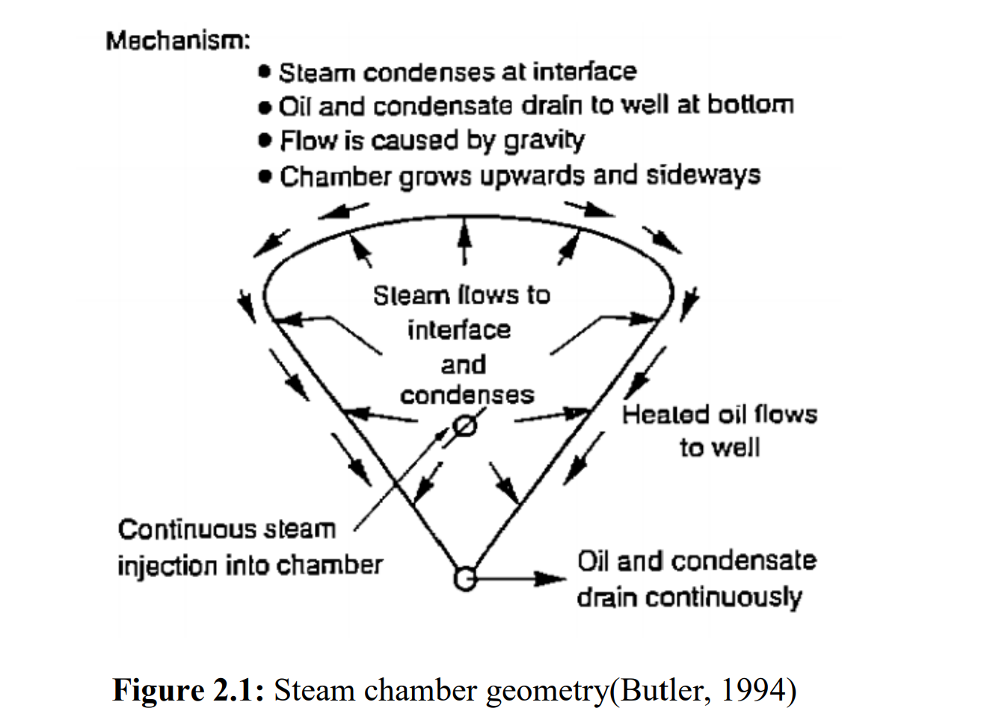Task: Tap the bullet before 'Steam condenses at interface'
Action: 264,72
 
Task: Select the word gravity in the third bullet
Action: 544,141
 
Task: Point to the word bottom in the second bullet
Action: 750,105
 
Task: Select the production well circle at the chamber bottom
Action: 464,579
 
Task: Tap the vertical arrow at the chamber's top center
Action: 464,241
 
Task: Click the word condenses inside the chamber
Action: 467,395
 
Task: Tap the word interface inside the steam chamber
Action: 459,329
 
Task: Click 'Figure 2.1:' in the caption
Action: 188,689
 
